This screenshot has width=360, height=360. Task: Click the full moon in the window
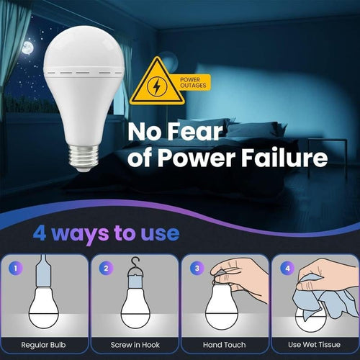click(28, 48)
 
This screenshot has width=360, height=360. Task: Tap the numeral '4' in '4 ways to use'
click(42, 234)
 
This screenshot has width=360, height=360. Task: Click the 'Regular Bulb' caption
click(46, 346)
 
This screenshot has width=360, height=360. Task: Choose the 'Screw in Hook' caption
click(135, 346)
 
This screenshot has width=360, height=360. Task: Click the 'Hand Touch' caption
click(224, 346)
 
